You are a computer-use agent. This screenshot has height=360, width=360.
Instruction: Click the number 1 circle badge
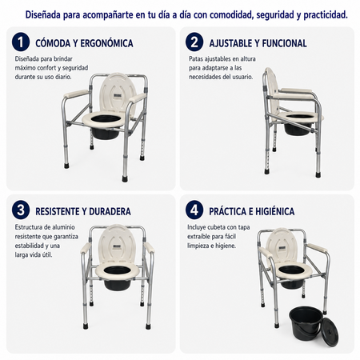coord(21,42)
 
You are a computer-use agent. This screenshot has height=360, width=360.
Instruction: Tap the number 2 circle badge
coord(194,42)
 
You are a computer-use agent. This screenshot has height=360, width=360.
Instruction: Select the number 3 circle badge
coord(21,210)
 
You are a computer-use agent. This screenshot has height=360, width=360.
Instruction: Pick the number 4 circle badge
coord(194,210)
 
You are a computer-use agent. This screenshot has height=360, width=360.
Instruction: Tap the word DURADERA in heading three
coord(110,211)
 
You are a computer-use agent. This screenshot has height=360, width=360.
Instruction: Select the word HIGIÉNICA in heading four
coord(275,211)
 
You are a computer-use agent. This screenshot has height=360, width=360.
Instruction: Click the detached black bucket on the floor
coord(306,323)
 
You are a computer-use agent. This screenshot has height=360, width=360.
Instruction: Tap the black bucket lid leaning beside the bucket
coord(330,332)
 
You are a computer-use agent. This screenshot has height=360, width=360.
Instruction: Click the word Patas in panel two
coord(196,58)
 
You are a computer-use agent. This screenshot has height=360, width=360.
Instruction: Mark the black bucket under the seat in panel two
coord(297,130)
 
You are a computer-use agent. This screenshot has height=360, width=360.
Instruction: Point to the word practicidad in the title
coord(326,15)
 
